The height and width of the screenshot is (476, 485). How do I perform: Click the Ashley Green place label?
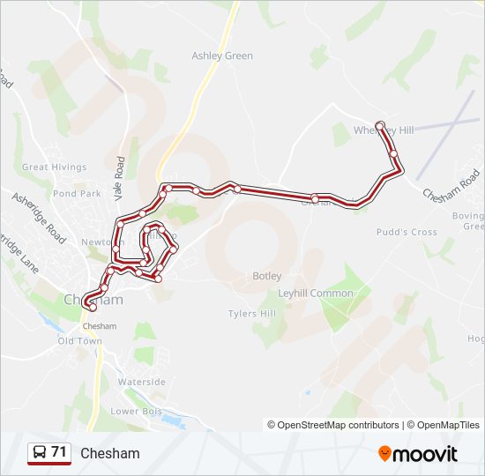click(222, 56)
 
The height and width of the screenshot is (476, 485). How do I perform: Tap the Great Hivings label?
click(55, 167)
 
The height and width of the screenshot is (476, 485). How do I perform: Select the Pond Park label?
click(77, 193)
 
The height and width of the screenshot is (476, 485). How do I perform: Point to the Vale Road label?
click(120, 177)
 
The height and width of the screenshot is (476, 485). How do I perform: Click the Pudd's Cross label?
click(407, 232)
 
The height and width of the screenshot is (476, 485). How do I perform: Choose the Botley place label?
click(267, 276)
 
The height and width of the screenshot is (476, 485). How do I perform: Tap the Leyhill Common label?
click(316, 293)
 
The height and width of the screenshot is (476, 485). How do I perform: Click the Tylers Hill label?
click(252, 314)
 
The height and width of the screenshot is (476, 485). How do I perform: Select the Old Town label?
click(80, 340)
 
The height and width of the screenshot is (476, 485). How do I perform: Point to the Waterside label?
click(142, 382)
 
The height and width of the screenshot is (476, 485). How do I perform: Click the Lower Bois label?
click(133, 411)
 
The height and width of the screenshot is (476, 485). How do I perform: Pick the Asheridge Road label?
click(39, 217)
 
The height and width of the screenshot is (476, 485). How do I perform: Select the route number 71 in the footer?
click(59, 452)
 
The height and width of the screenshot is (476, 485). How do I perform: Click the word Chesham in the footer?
click(109, 453)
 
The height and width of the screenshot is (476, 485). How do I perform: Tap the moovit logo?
click(418, 453)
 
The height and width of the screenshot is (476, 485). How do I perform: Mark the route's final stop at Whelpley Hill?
click(379, 125)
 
